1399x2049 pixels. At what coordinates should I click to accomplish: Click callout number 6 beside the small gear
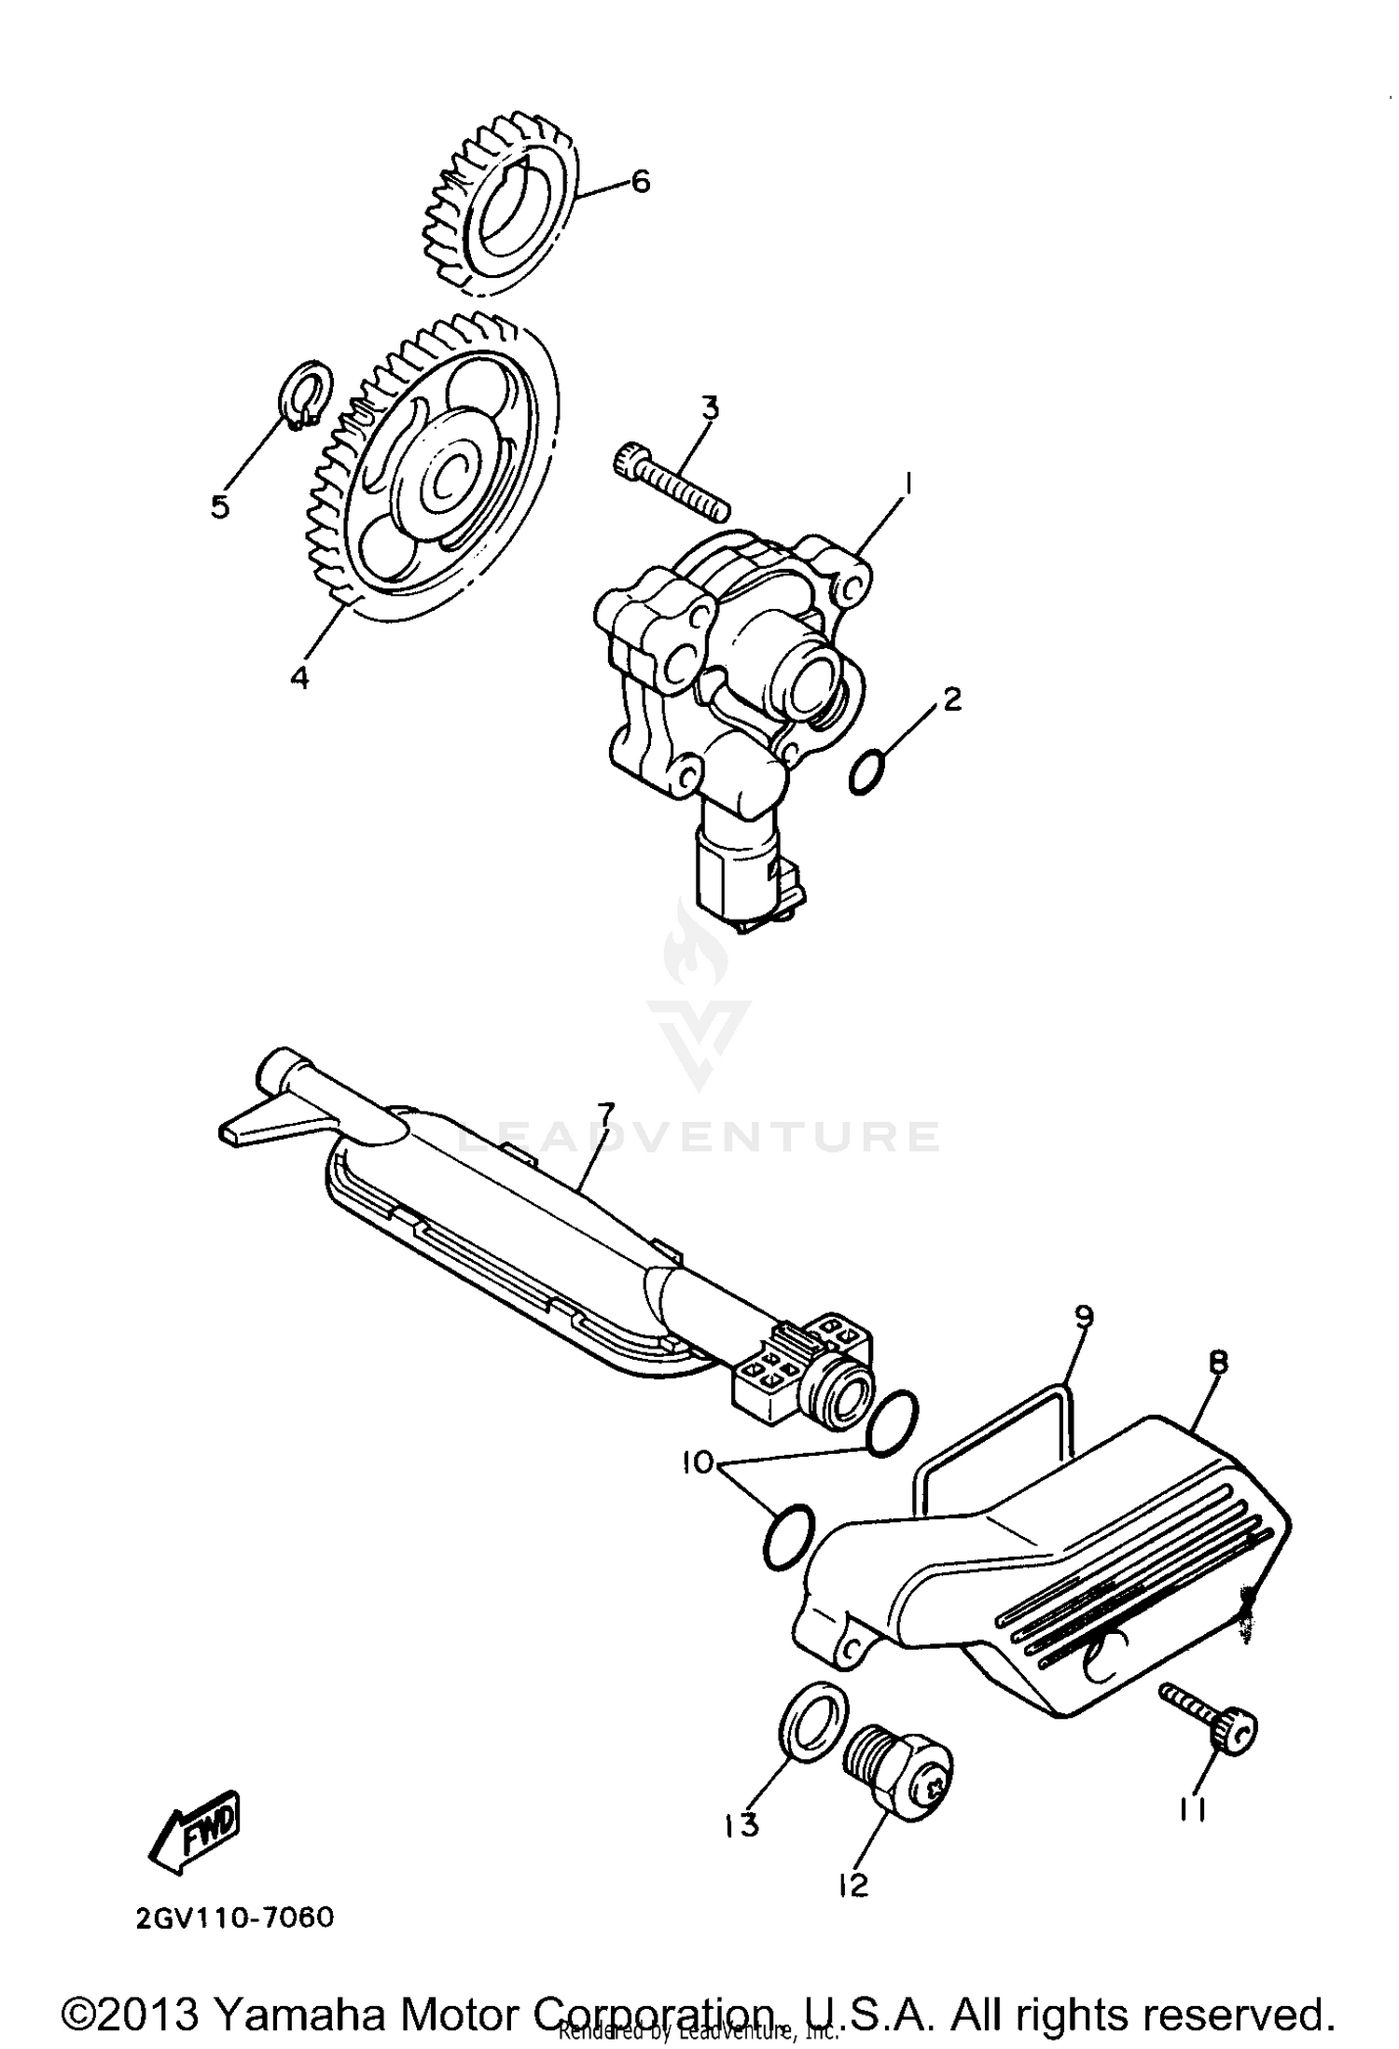pos(640,181)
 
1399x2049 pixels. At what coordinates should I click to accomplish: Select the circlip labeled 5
pos(307,396)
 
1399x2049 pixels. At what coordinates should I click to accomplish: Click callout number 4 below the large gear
pos(298,678)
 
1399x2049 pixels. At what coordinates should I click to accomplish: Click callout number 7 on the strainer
pos(606,1112)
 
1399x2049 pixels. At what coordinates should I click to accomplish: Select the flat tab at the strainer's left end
pos(248,1126)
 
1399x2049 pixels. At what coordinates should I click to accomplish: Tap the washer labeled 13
pos(812,1718)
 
